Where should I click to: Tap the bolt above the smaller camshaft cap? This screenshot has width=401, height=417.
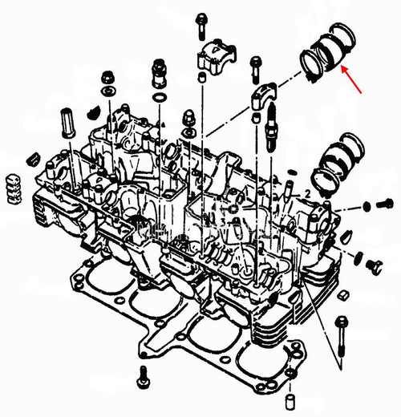255,66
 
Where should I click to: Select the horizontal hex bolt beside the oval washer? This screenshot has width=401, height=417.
379,204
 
